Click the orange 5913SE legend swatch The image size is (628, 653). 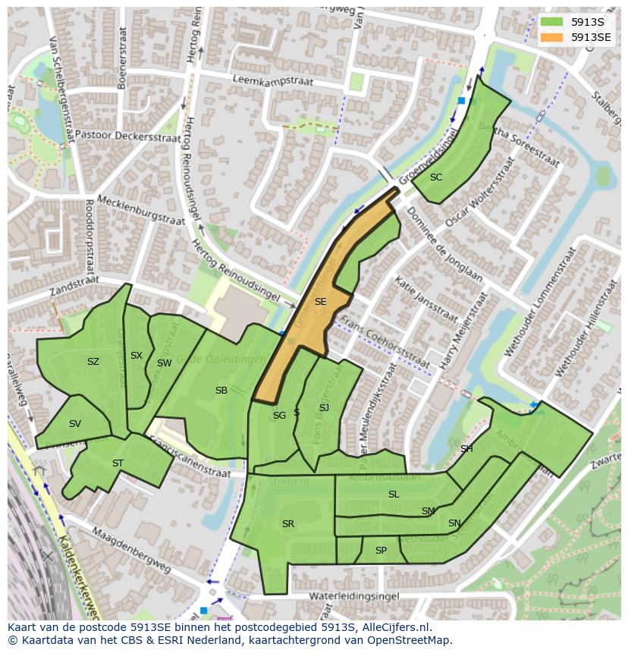pyautogui.click(x=551, y=37)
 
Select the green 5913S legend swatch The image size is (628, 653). pyautogui.click(x=551, y=22)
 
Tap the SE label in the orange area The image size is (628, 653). pyautogui.click(x=320, y=302)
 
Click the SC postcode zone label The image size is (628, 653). pyautogui.click(x=436, y=177)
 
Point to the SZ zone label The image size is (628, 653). pyautogui.click(x=93, y=362)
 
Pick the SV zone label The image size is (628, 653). pyautogui.click(x=74, y=424)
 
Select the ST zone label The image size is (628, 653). pyautogui.click(x=118, y=463)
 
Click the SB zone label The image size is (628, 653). pyautogui.click(x=221, y=391)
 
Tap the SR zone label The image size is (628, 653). pyautogui.click(x=287, y=524)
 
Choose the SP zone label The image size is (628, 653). pyautogui.click(x=381, y=551)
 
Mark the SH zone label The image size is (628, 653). pyautogui.click(x=466, y=449)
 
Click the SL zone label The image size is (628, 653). pyautogui.click(x=393, y=494)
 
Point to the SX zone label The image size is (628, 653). pyautogui.click(x=136, y=356)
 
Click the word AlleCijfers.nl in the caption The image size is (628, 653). pyautogui.click(x=394, y=627)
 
